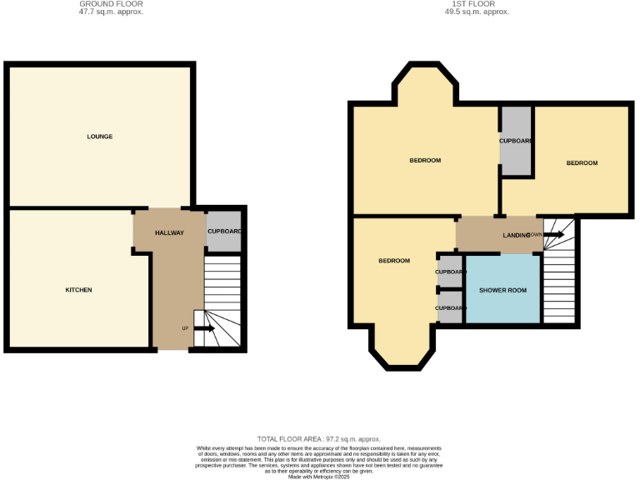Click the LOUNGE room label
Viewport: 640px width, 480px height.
click(x=100, y=137)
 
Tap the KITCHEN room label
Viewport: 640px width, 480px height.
click(x=78, y=290)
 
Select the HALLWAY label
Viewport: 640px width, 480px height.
click(x=169, y=232)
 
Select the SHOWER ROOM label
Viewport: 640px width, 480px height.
click(x=502, y=290)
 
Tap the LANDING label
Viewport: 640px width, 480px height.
click(x=516, y=236)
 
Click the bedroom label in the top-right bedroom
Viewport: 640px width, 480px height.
click(x=582, y=162)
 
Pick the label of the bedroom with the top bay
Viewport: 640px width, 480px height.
click(x=425, y=160)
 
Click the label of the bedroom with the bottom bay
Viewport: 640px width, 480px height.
click(x=394, y=261)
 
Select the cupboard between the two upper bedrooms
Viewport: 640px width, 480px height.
click(x=516, y=141)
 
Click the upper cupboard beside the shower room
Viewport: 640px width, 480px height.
click(x=450, y=272)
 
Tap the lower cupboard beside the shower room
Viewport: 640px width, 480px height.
click(x=450, y=307)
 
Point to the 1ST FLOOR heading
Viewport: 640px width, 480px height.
click(x=477, y=4)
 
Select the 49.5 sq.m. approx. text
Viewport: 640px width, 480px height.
click(x=477, y=12)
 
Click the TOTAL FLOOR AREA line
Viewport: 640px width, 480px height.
click(x=320, y=438)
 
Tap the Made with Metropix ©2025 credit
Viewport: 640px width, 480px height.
click(x=320, y=477)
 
